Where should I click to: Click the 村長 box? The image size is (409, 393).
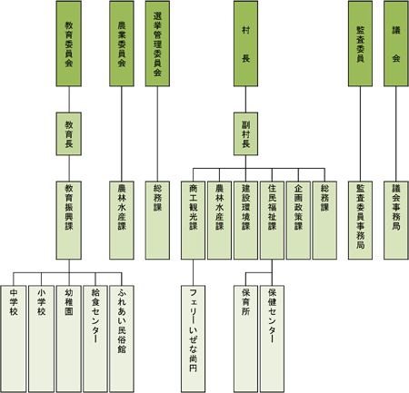pos(245,44)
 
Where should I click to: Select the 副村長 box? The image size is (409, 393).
pos(245,134)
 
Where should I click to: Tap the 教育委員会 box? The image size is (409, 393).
pos(69,44)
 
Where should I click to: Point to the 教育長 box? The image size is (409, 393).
pos(69,134)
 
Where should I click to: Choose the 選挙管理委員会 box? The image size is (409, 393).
pos(157,44)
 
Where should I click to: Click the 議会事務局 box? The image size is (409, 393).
pos(396,221)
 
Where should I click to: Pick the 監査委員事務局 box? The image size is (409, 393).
pos(360,221)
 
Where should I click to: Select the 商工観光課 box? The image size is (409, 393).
pos(193,221)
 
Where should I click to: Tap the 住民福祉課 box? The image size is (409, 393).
pos(272,221)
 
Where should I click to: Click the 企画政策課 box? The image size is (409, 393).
pos(298,221)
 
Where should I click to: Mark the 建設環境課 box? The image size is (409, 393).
pos(245,221)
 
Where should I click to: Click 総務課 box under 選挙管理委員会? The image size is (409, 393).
pos(157,221)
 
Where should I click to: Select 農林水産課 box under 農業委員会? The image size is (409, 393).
pos(122,221)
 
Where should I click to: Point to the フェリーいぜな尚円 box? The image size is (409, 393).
pos(193,339)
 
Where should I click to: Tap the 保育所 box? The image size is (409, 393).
pos(245,339)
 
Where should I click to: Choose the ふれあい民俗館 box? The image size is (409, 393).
pos(122,339)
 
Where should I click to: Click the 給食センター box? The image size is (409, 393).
pos(95,339)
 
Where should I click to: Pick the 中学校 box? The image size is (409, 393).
pos(14,339)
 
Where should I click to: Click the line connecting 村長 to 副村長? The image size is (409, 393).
pos(245,100)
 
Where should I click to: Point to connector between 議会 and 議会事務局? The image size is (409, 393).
pos(396,134)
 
